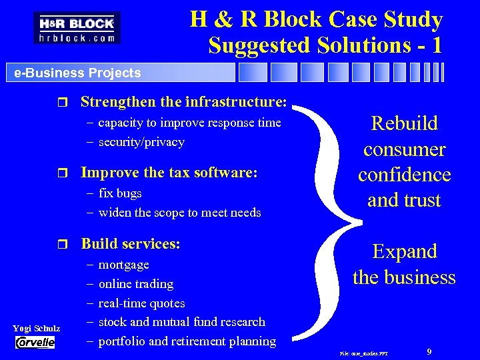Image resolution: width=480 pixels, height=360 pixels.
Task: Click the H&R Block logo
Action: tap(77, 28)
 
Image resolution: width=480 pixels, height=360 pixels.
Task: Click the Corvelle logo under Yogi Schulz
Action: tap(35, 342)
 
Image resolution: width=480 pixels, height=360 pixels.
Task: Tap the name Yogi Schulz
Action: tap(37, 328)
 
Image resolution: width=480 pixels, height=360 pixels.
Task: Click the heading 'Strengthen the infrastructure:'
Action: tap(184, 102)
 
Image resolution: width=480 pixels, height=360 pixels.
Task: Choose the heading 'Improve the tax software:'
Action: tap(169, 173)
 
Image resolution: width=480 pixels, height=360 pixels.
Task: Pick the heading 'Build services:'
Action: tap(131, 243)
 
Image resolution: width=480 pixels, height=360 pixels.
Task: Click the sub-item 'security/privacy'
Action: tap(141, 142)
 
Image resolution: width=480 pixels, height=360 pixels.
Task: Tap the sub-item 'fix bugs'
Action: tap(120, 193)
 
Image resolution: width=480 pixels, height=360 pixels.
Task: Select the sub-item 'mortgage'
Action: tap(123, 265)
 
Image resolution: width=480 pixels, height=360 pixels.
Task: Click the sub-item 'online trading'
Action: tap(136, 284)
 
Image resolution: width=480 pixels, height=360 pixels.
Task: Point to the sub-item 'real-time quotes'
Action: tap(141, 303)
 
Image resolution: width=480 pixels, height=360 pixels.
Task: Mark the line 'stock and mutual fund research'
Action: tap(181, 322)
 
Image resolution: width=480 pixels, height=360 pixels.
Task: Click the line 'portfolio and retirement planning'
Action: tap(187, 341)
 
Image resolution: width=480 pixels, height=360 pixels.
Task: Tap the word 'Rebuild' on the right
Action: tap(405, 123)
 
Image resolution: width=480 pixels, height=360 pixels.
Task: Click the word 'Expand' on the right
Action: tap(405, 251)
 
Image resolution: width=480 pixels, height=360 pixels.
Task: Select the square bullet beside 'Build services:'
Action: tap(63, 244)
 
